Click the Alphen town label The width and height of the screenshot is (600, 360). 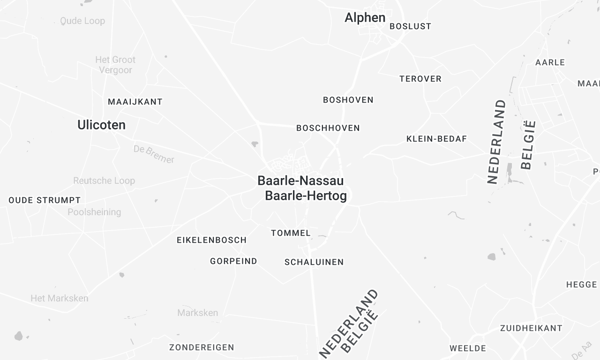365,17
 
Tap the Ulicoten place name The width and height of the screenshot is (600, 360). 101,125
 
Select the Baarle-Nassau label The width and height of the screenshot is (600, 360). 301,181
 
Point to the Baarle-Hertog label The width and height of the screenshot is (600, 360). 305,196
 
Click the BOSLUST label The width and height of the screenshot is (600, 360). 410,26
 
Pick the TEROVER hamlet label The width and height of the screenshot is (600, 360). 420,78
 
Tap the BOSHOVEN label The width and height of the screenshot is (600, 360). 348,100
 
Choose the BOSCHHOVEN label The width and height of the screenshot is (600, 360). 328,128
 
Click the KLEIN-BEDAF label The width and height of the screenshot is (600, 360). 436,138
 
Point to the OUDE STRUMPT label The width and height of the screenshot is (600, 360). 44,200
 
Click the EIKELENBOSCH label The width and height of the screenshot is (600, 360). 211,240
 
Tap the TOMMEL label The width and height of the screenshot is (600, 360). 291,233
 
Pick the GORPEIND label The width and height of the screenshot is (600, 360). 233,261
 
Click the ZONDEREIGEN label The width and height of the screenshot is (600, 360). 201,347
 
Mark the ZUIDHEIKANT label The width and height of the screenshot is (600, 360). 531,327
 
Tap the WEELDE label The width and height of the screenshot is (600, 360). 467,348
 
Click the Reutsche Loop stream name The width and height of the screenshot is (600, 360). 104,181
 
